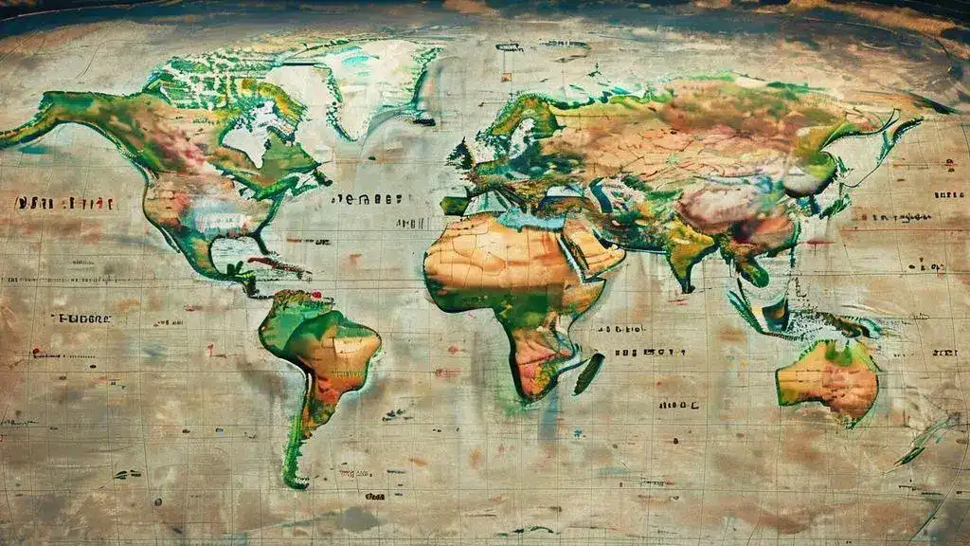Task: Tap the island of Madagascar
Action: [588, 373]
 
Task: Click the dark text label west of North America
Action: [64, 203]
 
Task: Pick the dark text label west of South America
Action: [81, 318]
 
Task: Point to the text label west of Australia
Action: [679, 405]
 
